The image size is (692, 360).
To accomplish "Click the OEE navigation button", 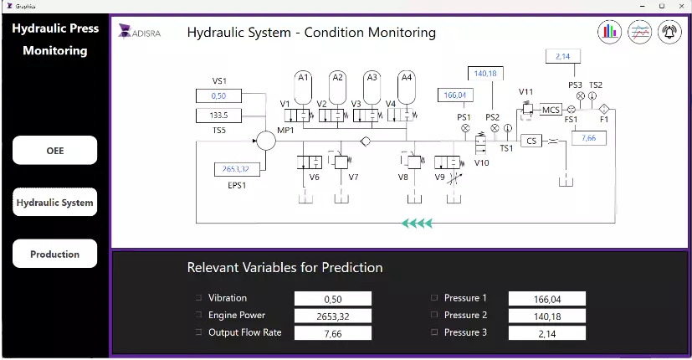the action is tap(54, 150).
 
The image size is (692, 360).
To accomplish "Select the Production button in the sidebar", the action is tap(54, 254).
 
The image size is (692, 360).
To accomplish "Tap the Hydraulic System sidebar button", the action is tap(54, 203).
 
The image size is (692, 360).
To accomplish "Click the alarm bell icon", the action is tap(669, 32).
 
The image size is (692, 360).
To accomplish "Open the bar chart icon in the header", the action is tap(609, 32).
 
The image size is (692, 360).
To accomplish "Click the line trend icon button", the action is tap(639, 32).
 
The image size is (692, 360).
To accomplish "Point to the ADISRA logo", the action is tap(140, 33).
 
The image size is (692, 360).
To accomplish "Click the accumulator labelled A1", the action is tap(303, 87).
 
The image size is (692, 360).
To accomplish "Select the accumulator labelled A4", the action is tap(407, 87).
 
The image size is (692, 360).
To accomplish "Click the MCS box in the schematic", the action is tap(551, 110).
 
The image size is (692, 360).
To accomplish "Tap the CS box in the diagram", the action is tap(531, 141).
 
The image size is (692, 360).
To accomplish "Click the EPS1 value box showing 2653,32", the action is tap(237, 169).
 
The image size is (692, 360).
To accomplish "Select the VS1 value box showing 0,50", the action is tap(219, 95).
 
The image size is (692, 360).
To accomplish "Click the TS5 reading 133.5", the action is tap(219, 116).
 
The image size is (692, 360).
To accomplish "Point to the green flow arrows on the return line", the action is tap(417, 223).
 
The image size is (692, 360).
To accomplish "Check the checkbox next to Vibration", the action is tap(198, 298).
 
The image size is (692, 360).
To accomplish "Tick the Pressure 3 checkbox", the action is tap(434, 332).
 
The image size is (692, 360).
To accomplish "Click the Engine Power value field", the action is tap(333, 316).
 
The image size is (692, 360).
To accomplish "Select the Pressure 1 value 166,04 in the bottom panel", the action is tap(546, 299).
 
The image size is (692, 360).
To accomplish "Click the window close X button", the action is tap(681, 6).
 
